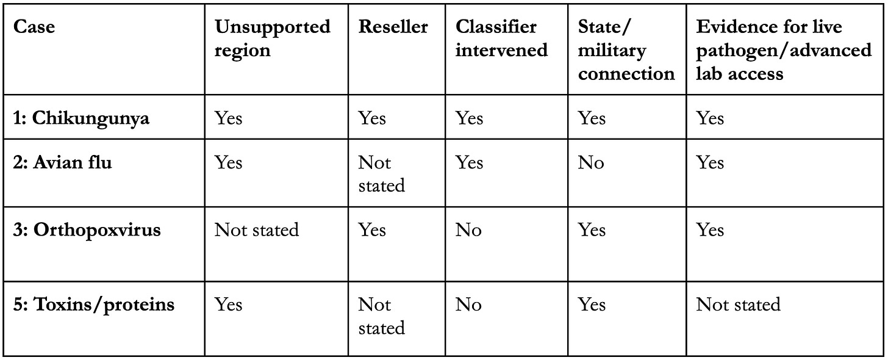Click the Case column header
pyautogui.click(x=34, y=27)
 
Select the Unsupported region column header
pyautogui.click(x=273, y=38)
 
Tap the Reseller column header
pyautogui.click(x=393, y=27)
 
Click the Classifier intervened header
pyautogui.click(x=501, y=38)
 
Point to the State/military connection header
pyautogui.click(x=626, y=50)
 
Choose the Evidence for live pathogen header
pyautogui.click(x=784, y=50)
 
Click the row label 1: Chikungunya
pyautogui.click(x=81, y=118)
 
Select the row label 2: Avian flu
pyautogui.click(x=62, y=162)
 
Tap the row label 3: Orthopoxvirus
pyautogui.click(x=87, y=230)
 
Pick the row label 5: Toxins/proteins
pyautogui.click(x=93, y=305)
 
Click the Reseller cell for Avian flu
pyautogui.click(x=381, y=174)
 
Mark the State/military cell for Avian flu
pyautogui.click(x=590, y=162)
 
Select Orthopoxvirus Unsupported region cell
pyautogui.click(x=257, y=230)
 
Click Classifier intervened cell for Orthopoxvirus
pyautogui.click(x=468, y=230)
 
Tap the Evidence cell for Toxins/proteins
pyautogui.click(x=738, y=305)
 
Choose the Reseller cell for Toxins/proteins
pyautogui.click(x=381, y=317)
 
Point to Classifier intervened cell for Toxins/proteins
pyautogui.click(x=468, y=305)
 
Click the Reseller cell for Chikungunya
pyautogui.click(x=372, y=118)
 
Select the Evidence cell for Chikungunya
pyautogui.click(x=710, y=118)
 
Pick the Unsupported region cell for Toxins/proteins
pyautogui.click(x=228, y=305)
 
